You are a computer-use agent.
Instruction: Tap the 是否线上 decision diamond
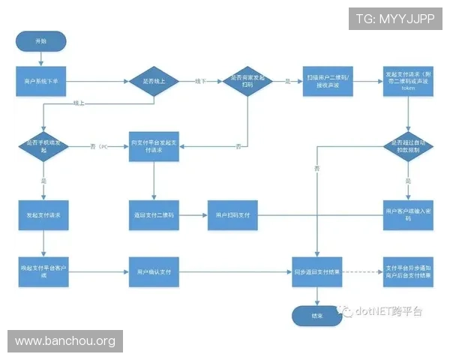(154, 79)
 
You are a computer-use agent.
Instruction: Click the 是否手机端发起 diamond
(43, 145)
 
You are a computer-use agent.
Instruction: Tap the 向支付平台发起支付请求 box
(154, 145)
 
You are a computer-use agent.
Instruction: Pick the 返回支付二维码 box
(154, 215)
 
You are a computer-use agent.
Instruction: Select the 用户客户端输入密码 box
(408, 215)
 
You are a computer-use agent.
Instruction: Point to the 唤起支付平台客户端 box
(43, 271)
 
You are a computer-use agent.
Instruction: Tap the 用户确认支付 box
(154, 271)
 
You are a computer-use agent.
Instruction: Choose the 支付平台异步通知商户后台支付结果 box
(408, 271)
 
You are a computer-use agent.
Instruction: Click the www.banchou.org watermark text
(65, 342)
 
